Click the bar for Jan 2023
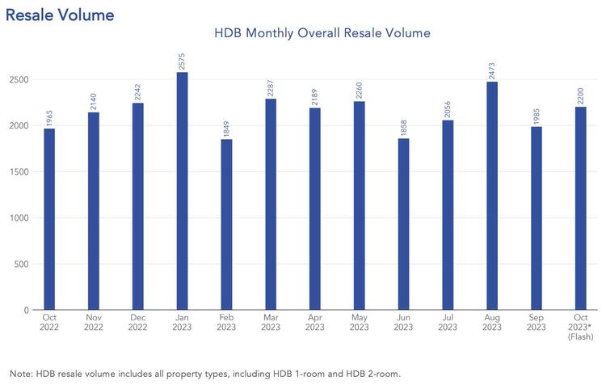pyautogui.click(x=182, y=191)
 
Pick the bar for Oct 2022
pyautogui.click(x=49, y=219)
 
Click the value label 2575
pyautogui.click(x=182, y=61)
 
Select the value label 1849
pyautogui.click(x=226, y=128)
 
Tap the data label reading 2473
pyautogui.click(x=492, y=70)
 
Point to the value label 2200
pyautogui.click(x=580, y=95)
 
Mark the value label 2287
pyautogui.click(x=271, y=87)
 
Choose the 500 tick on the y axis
pyautogui.click(x=21, y=264)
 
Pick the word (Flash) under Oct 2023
pyautogui.click(x=580, y=341)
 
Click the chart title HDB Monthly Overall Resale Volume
pyautogui.click(x=322, y=34)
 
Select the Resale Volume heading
pyautogui.click(x=60, y=14)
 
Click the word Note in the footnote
pyautogui.click(x=18, y=373)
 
